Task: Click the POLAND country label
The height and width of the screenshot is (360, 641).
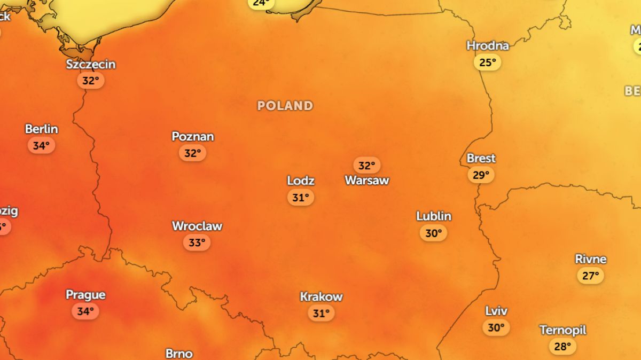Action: click(285, 106)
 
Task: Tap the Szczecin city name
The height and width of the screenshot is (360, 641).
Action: click(91, 65)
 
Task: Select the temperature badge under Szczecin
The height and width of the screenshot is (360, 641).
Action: click(91, 81)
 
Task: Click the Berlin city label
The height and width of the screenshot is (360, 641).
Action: click(42, 129)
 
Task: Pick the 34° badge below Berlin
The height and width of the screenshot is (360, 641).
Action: click(42, 145)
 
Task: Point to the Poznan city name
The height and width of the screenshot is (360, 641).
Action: click(192, 137)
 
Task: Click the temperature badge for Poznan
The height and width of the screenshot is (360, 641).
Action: click(192, 153)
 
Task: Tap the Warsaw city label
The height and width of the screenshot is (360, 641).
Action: click(367, 181)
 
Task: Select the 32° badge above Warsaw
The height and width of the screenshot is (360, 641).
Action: click(367, 166)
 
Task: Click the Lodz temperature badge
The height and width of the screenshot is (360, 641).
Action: click(301, 198)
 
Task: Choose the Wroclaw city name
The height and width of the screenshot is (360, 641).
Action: click(197, 226)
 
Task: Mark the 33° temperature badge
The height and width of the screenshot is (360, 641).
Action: click(197, 243)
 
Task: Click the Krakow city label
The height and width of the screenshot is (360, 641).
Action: click(321, 297)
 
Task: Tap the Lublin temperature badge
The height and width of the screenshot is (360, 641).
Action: click(433, 233)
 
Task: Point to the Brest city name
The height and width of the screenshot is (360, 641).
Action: click(481, 159)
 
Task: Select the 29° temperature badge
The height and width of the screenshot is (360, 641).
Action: click(481, 175)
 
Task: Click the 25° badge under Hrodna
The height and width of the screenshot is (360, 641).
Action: click(488, 62)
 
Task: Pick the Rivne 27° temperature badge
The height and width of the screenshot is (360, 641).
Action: click(590, 276)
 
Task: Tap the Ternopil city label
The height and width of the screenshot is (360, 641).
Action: click(562, 330)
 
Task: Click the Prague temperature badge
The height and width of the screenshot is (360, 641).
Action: click(85, 311)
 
